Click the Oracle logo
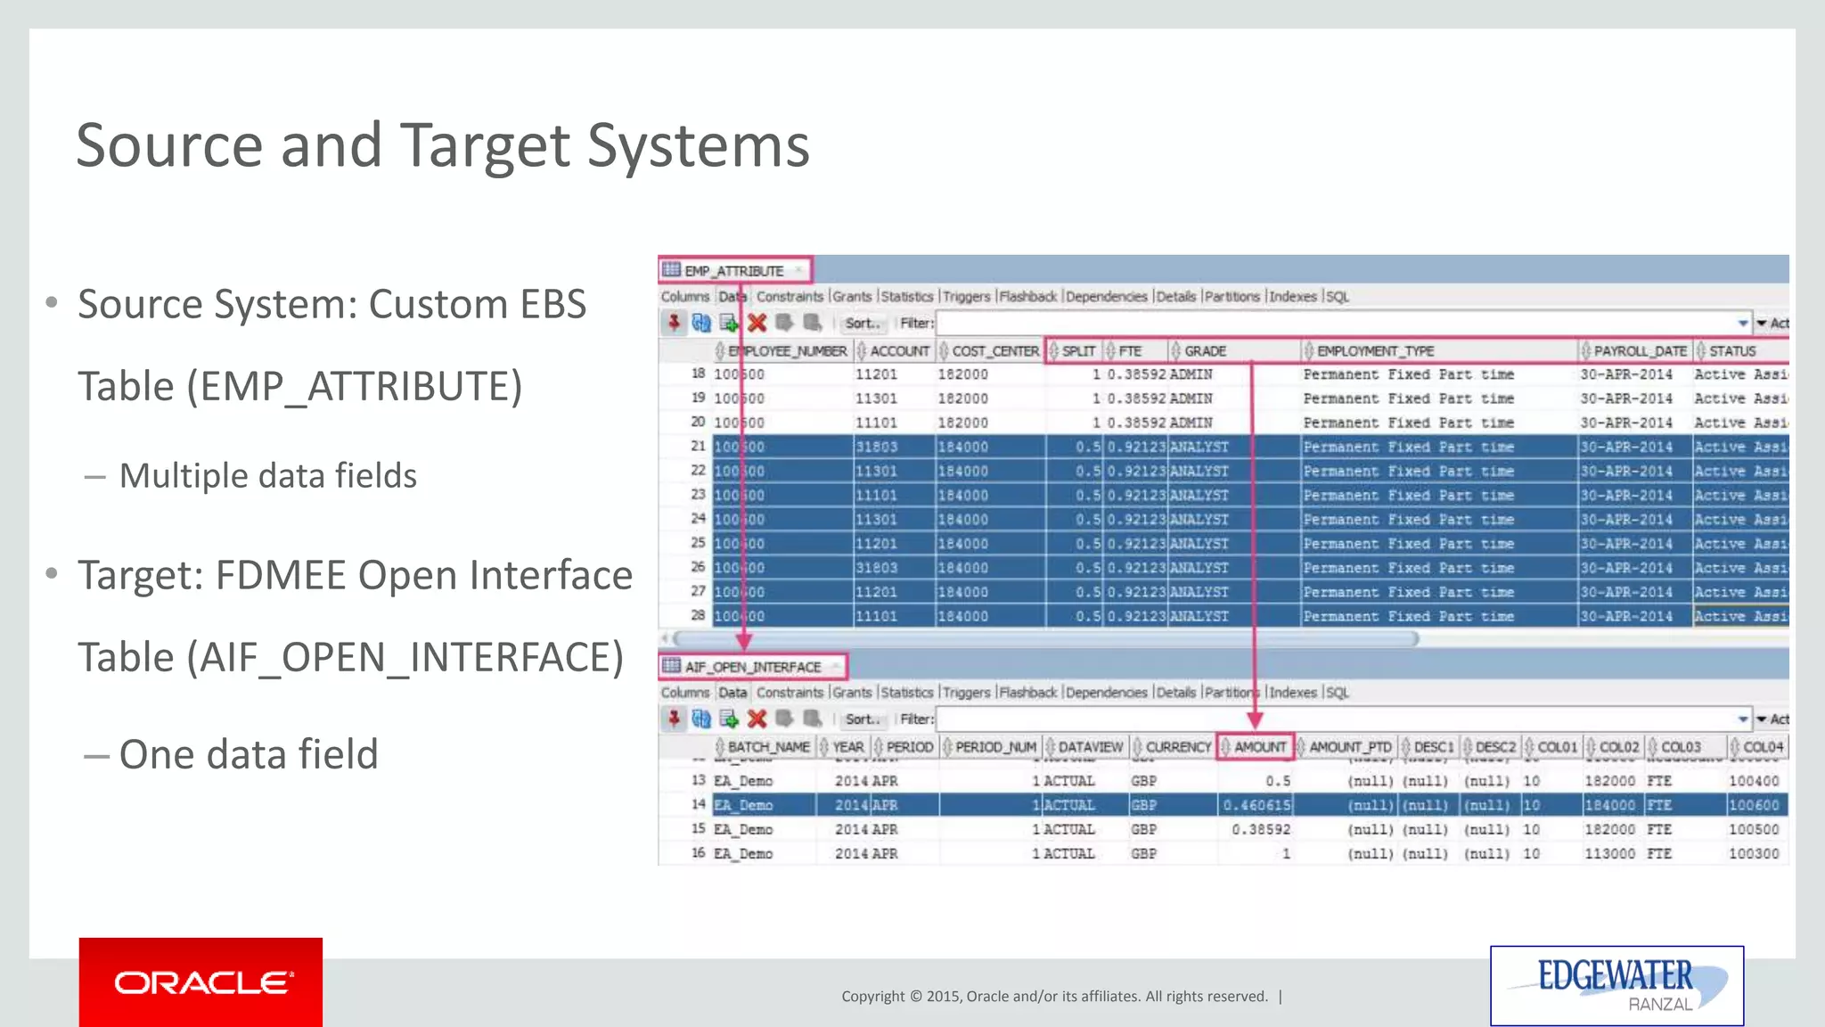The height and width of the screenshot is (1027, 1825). [x=201, y=982]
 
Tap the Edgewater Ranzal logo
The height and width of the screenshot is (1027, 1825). [x=1616, y=985]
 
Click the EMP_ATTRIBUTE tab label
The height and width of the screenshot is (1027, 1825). [x=733, y=271]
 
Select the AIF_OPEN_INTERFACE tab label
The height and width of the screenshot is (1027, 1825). [x=752, y=667]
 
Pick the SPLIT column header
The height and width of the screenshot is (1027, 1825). [x=1077, y=351]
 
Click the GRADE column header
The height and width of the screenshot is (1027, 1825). [x=1205, y=351]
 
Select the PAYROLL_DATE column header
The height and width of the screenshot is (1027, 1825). [x=1639, y=351]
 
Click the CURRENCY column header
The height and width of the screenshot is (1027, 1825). [x=1177, y=747]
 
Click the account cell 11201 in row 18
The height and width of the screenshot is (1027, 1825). [x=876, y=374]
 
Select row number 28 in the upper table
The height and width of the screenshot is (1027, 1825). [x=697, y=615]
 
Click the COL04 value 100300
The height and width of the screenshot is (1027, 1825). [x=1753, y=853]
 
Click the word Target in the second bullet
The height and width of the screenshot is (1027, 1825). [x=140, y=576]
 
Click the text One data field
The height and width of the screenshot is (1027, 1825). [x=249, y=754]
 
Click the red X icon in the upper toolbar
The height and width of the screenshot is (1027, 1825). [x=757, y=323]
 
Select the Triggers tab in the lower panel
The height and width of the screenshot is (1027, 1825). [x=966, y=693]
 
